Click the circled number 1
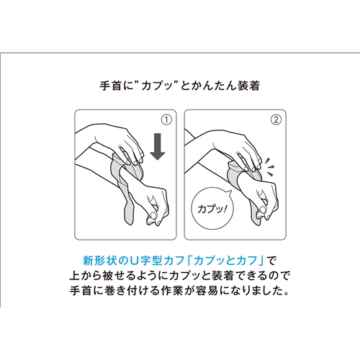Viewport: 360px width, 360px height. (x=166, y=120)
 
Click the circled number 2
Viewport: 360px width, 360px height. (x=276, y=120)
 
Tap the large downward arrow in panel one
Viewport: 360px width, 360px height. (x=157, y=147)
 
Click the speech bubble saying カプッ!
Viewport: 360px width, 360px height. (x=212, y=209)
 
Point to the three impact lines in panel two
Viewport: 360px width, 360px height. (x=270, y=166)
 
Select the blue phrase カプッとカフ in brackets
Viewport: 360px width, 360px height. (x=225, y=261)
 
